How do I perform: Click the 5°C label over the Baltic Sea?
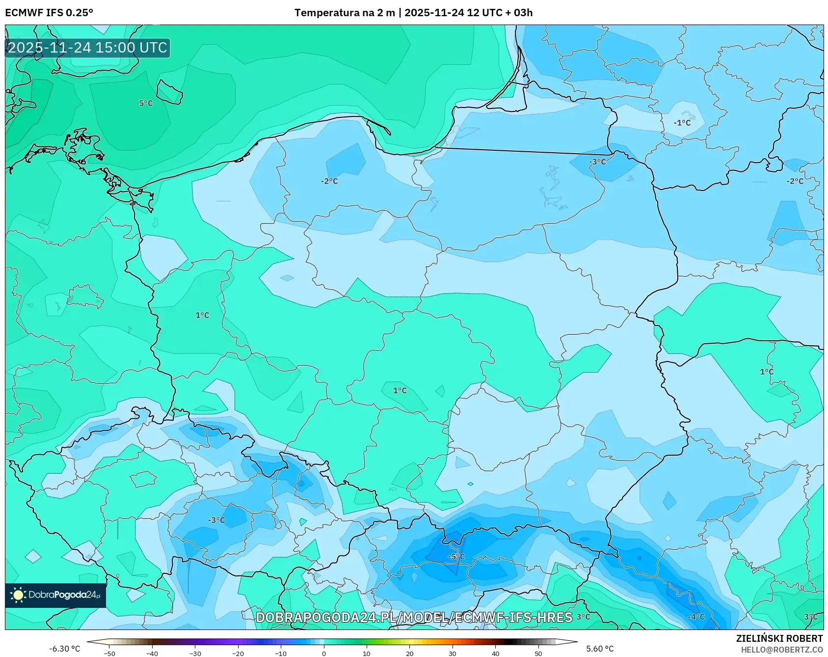[146, 103]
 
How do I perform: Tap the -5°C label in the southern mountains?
[456, 556]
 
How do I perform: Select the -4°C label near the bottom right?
[696, 617]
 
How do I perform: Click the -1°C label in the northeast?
[682, 123]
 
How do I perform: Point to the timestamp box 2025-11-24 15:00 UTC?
[88, 48]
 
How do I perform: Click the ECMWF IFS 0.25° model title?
[49, 13]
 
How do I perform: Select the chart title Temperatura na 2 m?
[345, 13]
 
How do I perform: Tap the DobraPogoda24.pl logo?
[55, 595]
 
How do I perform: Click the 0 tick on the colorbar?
[324, 653]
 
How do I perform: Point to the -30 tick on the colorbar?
[195, 653]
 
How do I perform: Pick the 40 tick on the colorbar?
[496, 653]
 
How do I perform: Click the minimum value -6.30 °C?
[64, 649]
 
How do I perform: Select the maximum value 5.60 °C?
[600, 649]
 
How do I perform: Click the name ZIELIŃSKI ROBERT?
[779, 638]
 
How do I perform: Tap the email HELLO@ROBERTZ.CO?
[782, 650]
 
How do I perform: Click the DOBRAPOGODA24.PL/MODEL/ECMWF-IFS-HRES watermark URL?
[414, 617]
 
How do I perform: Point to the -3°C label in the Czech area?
[216, 520]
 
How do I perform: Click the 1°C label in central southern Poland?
[400, 390]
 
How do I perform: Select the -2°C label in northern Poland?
[329, 181]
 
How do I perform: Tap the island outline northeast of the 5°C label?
[169, 92]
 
